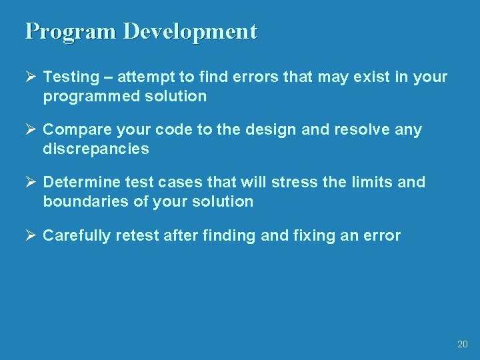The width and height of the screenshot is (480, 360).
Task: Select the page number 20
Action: (463, 345)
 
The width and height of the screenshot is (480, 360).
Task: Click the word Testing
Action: (69, 77)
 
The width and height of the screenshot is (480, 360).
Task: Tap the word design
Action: (275, 130)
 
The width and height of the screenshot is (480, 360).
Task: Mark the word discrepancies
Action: (96, 149)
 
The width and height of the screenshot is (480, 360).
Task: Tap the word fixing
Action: (313, 235)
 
